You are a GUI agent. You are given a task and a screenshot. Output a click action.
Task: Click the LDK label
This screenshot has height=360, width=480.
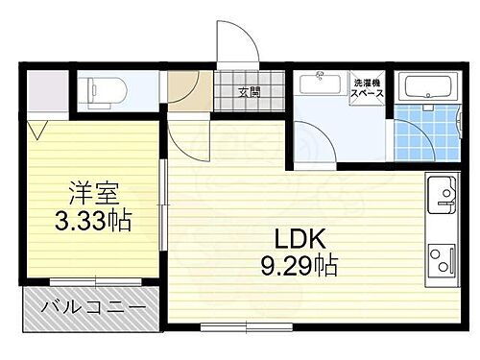(300, 237)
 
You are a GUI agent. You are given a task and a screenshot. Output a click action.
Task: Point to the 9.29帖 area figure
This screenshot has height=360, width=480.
(300, 264)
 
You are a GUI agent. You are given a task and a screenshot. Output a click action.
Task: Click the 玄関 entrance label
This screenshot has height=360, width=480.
(249, 92)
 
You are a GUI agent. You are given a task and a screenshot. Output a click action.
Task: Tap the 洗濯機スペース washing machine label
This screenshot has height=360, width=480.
(367, 89)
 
